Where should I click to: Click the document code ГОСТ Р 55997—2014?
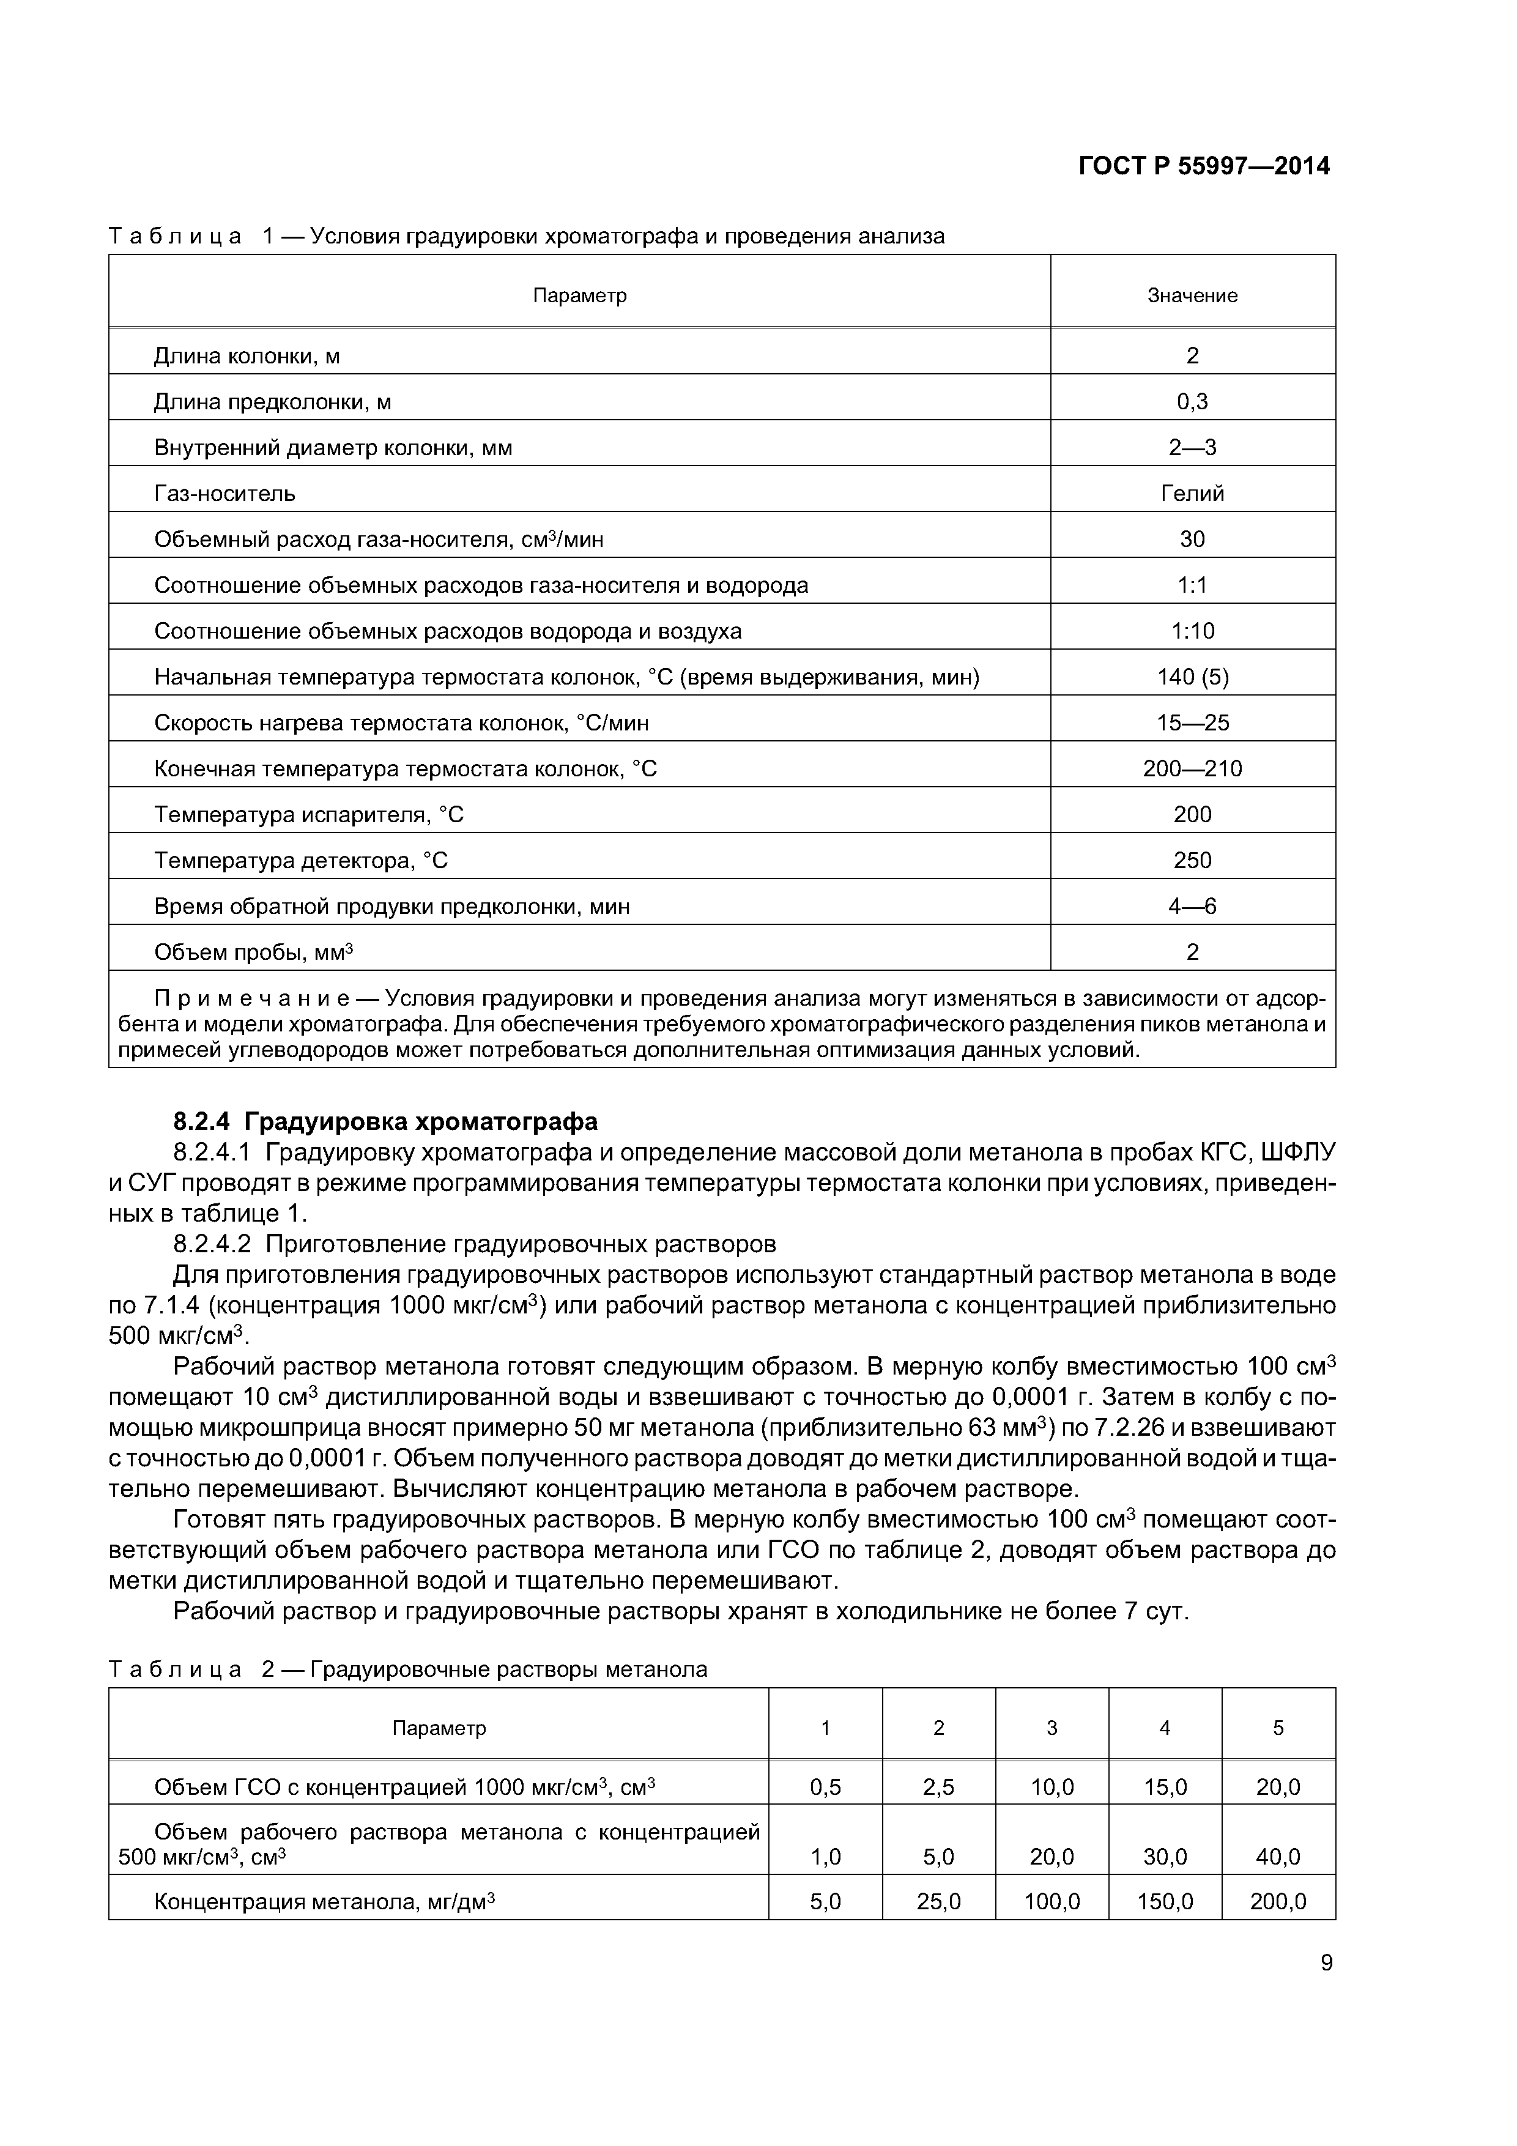pyautogui.click(x=1204, y=166)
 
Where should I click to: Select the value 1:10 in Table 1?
pyautogui.click(x=1193, y=631)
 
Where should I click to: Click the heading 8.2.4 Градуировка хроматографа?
pyautogui.click(x=385, y=1121)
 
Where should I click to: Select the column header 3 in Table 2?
pyautogui.click(x=1052, y=1728)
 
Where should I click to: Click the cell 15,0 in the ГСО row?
pyautogui.click(x=1165, y=1787)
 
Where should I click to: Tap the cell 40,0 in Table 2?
pyautogui.click(x=1278, y=1856)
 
